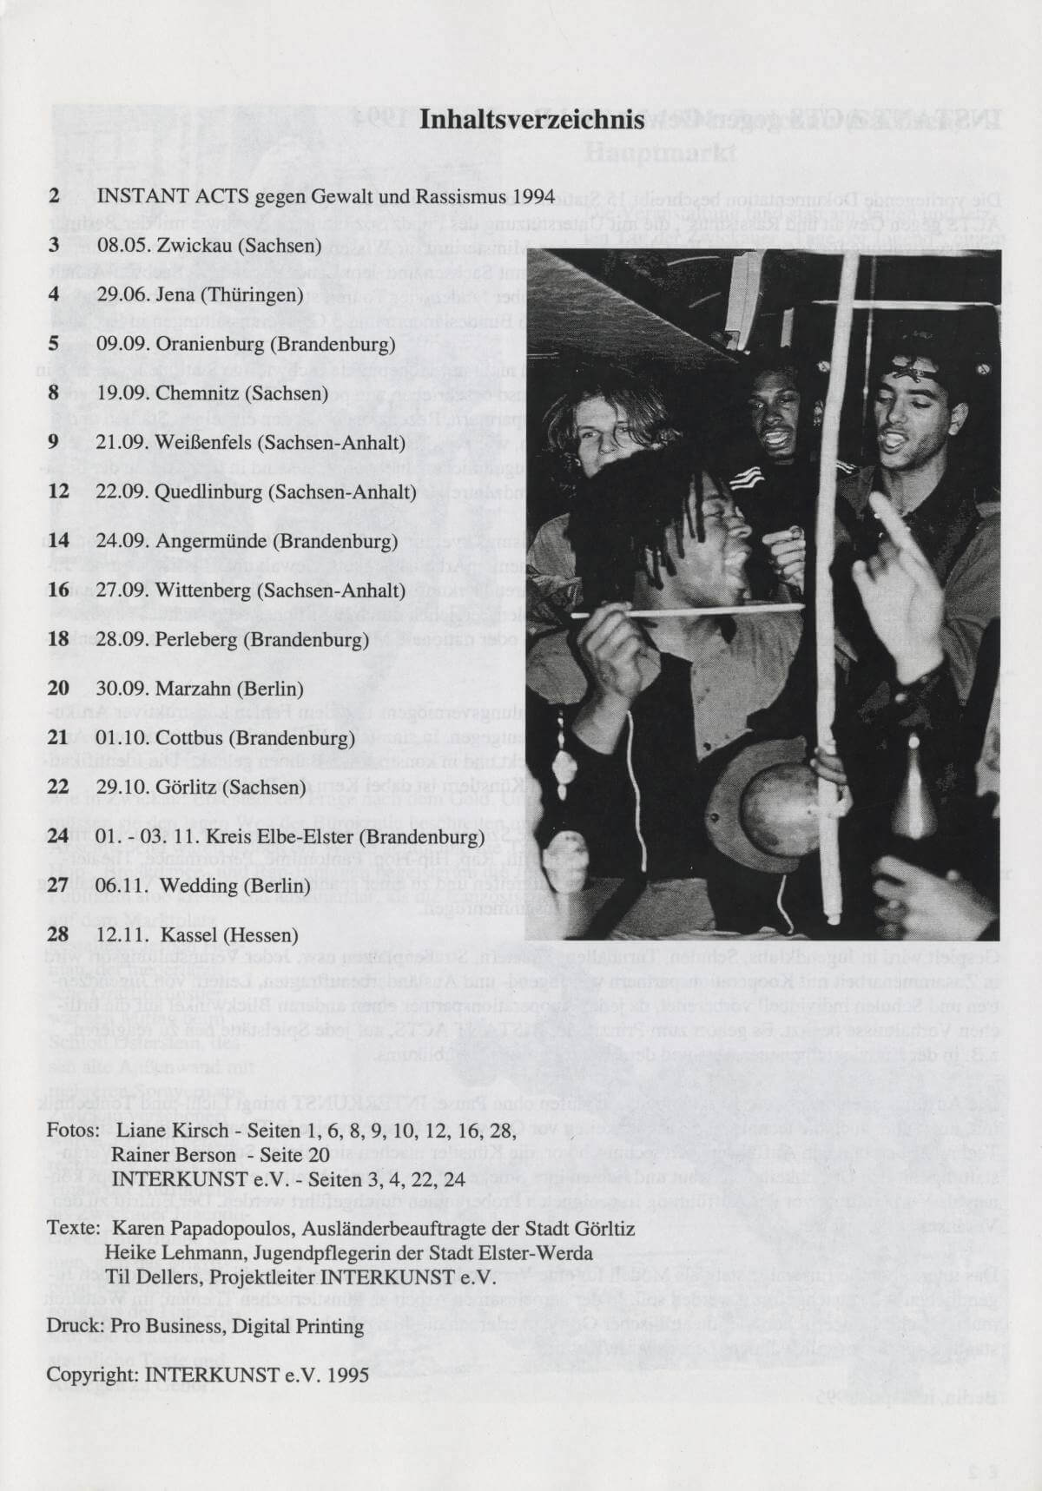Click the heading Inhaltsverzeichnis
(x=531, y=119)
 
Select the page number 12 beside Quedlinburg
(x=58, y=492)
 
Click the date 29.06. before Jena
(x=121, y=294)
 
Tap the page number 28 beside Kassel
(x=58, y=935)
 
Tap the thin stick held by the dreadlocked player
(x=695, y=611)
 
